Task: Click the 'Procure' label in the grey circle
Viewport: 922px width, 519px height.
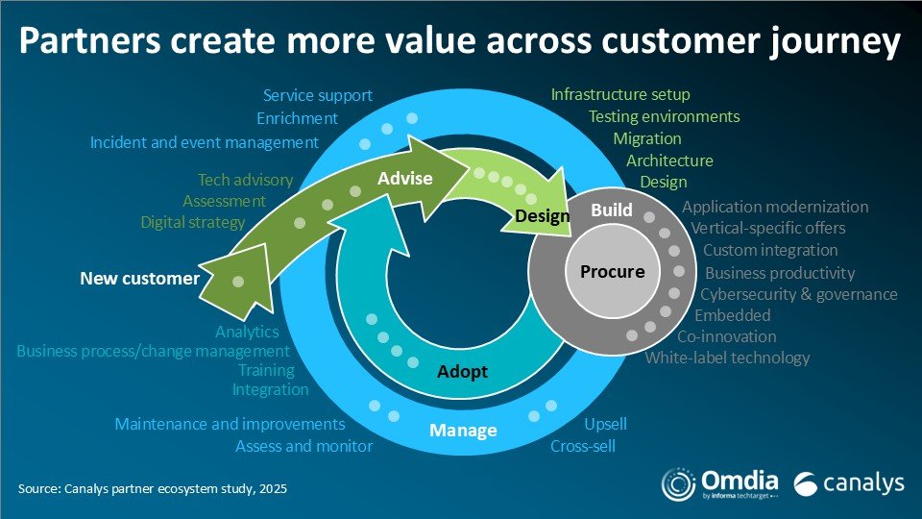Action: [612, 272]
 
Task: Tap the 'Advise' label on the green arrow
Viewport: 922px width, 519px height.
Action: [405, 179]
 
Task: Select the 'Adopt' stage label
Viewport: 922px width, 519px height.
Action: [463, 371]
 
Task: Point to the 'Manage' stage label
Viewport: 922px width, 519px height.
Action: [463, 430]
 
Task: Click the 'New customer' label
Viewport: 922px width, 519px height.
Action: [139, 279]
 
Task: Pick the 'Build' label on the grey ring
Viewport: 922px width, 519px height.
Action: [610, 209]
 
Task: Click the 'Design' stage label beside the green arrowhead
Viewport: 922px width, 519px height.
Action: [542, 216]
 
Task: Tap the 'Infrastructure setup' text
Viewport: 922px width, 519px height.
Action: [620, 94]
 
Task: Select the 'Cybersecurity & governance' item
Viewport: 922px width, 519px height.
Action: [798, 294]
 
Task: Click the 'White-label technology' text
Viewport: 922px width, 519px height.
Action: [727, 358]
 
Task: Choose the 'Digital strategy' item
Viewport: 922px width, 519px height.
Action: [193, 222]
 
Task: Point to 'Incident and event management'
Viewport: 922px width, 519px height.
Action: [204, 142]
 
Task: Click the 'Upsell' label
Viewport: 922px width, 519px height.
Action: [605, 424]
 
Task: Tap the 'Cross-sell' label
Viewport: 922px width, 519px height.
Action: [583, 446]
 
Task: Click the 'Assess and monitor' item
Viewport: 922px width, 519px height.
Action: [303, 446]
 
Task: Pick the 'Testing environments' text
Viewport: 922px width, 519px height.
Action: [664, 116]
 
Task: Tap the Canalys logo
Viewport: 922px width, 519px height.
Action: [850, 482]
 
